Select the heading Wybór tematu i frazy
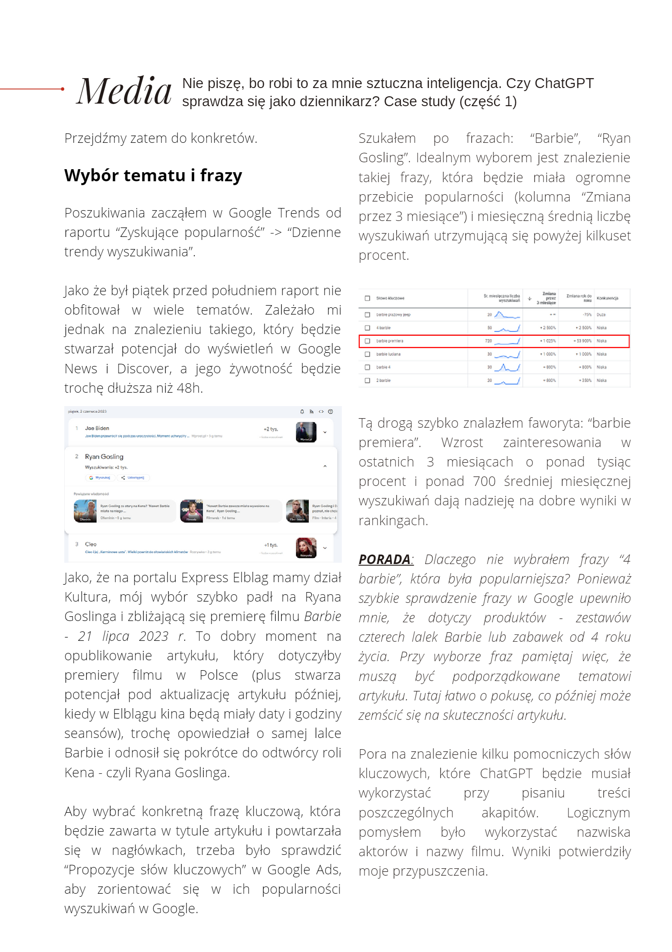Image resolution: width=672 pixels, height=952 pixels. point(153,176)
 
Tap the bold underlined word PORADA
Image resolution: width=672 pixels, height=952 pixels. point(384,559)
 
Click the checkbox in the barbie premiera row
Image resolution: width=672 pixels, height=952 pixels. point(367,341)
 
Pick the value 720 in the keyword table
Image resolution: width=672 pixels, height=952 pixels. point(488,341)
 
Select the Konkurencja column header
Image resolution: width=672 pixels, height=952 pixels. point(607,298)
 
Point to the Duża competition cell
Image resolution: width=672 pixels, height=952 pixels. point(601,315)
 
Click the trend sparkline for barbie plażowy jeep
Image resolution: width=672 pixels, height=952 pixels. point(507,315)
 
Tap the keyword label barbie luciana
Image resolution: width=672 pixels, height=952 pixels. point(388,354)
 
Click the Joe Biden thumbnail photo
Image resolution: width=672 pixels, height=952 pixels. point(306,432)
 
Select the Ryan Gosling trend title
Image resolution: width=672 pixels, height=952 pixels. point(104,457)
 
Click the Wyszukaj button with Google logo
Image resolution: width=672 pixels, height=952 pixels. point(100,478)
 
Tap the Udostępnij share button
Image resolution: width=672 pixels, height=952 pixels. point(133,478)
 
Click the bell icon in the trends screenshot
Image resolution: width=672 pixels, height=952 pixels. point(302,412)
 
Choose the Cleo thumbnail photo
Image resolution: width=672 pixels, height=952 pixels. point(306,548)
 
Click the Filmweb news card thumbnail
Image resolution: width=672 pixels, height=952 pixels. point(191,511)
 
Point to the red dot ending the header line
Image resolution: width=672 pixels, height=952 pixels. point(63,89)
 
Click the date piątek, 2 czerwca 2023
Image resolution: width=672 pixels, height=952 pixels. point(88,412)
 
